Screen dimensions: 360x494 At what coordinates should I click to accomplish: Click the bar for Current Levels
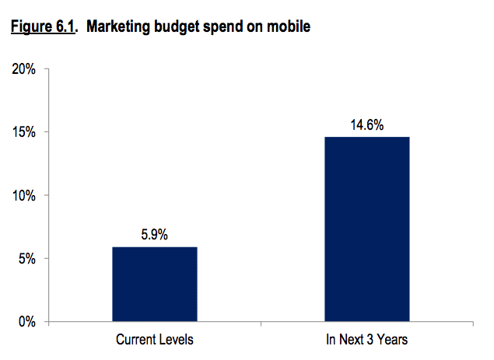(155, 284)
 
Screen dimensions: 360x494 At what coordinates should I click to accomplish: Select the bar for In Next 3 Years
(367, 229)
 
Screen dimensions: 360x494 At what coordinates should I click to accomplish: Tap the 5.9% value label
(155, 234)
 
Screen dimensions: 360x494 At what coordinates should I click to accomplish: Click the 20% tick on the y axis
(24, 69)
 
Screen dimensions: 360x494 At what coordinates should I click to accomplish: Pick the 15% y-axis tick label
(24, 132)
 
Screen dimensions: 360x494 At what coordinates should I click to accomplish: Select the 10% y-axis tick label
(24, 195)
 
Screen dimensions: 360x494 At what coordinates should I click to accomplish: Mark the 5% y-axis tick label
(27, 258)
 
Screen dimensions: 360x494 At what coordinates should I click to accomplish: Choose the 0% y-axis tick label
(27, 321)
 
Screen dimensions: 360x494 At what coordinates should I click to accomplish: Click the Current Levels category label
(155, 340)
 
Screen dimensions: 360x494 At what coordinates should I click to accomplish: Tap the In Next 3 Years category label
(367, 340)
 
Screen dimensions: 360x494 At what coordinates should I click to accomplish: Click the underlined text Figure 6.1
(44, 29)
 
